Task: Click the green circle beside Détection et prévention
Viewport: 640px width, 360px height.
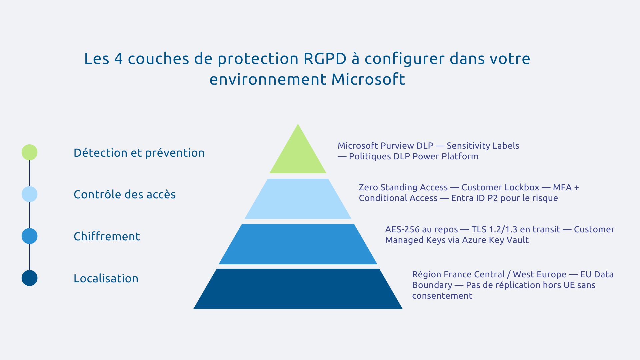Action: click(x=29, y=152)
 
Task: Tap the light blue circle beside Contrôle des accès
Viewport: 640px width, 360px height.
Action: click(x=29, y=194)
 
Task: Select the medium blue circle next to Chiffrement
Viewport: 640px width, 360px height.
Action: click(x=29, y=236)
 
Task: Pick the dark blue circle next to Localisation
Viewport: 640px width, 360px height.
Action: click(x=29, y=278)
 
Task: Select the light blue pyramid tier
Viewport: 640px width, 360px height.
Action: click(x=298, y=199)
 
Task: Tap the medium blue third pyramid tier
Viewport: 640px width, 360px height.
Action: click(x=298, y=244)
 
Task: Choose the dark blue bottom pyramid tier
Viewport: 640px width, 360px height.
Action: click(x=298, y=289)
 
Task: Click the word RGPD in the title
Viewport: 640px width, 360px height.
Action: click(x=325, y=59)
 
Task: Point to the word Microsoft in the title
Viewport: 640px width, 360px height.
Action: click(x=368, y=79)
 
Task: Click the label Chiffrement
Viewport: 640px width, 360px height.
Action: click(x=107, y=236)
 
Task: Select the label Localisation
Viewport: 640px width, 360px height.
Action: click(x=106, y=278)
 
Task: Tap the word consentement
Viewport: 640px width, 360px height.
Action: click(x=442, y=296)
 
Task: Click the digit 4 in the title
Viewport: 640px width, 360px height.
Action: click(x=118, y=59)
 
